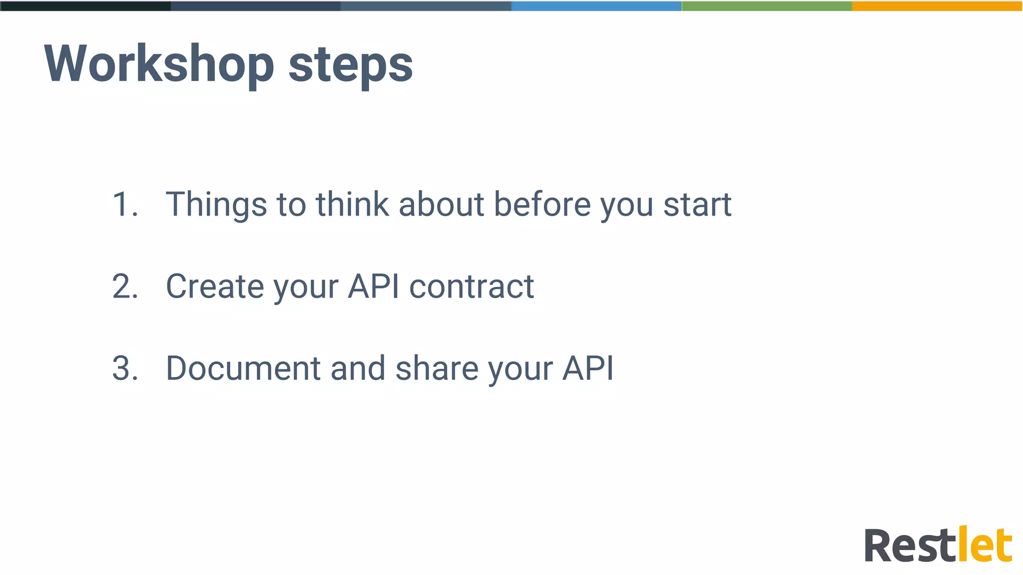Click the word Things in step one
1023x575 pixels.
216,204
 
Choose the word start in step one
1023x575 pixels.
697,204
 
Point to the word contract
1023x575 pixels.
472,287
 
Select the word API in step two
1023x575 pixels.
374,287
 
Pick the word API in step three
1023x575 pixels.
588,368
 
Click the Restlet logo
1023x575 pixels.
938,546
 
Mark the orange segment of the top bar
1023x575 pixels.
937,6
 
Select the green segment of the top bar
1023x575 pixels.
767,6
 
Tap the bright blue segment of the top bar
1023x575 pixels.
596,6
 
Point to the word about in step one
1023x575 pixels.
442,204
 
